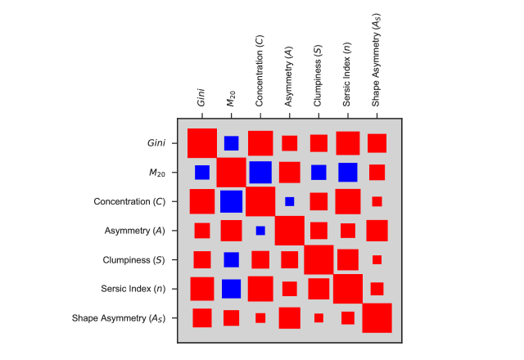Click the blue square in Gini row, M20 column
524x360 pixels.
click(x=231, y=143)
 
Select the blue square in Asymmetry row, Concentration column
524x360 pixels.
click(x=260, y=231)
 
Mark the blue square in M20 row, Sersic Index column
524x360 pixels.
click(x=348, y=173)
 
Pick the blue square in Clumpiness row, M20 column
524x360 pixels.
click(x=231, y=259)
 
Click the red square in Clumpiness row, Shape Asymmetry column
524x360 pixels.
click(x=377, y=259)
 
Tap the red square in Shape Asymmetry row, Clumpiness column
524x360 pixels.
click(x=318, y=317)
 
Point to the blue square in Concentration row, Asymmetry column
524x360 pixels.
click(x=289, y=201)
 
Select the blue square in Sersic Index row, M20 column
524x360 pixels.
click(x=231, y=289)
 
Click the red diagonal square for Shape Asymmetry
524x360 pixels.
click(x=377, y=317)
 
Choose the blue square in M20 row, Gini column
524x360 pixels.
click(x=202, y=173)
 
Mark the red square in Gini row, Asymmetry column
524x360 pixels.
click(x=289, y=143)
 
